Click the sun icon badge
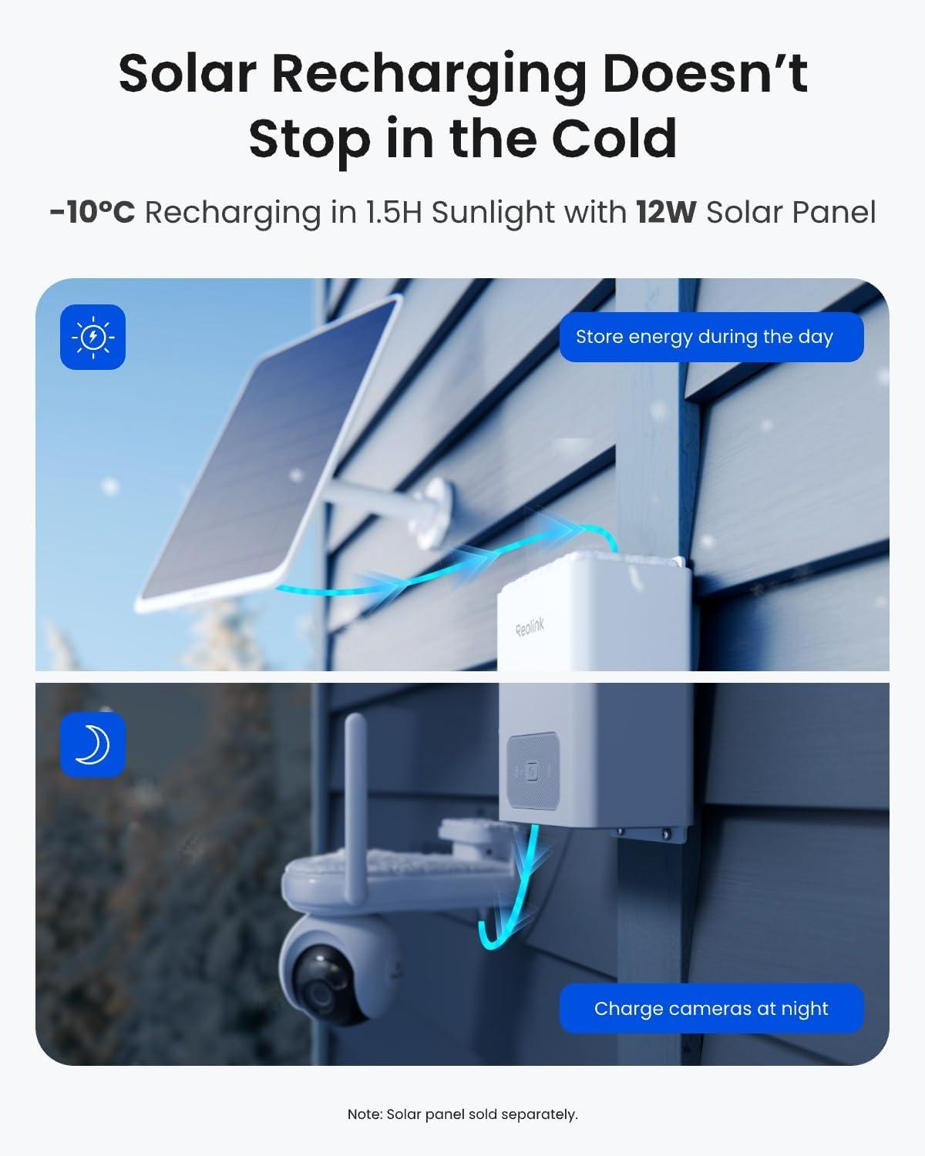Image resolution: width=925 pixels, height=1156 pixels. click(92, 337)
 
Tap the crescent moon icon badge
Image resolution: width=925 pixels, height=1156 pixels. click(92, 744)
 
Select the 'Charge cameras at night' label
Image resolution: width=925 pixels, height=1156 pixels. click(711, 1008)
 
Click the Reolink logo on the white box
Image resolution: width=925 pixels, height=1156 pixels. click(530, 627)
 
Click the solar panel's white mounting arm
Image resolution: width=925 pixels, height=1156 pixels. click(388, 509)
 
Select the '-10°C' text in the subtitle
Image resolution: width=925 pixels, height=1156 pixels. click(92, 212)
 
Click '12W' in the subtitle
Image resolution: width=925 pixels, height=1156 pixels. click(666, 212)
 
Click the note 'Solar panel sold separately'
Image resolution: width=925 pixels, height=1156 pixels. click(462, 1114)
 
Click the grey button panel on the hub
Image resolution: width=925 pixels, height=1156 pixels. click(533, 771)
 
